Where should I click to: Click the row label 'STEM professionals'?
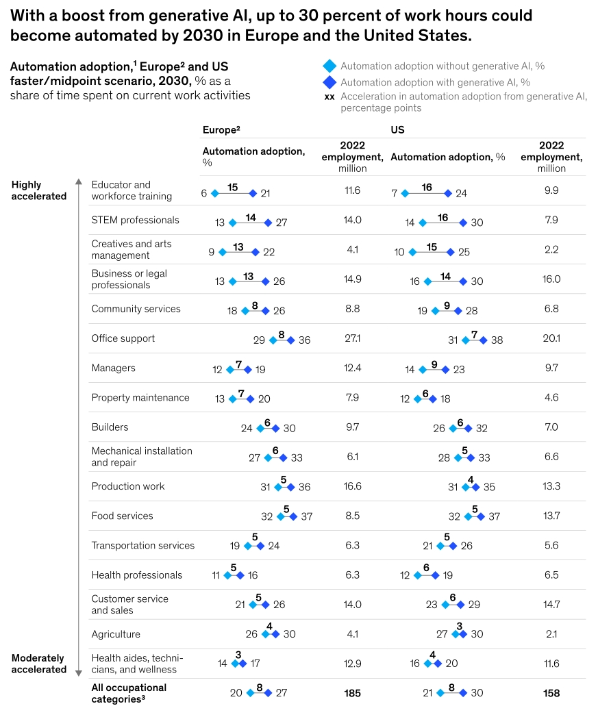(x=135, y=221)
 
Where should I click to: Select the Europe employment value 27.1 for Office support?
(x=353, y=338)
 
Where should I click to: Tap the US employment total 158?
(x=551, y=693)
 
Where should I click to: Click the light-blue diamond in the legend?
(x=329, y=66)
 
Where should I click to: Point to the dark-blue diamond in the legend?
(x=329, y=82)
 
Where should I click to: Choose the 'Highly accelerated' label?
(x=39, y=190)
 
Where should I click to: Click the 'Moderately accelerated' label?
(x=38, y=664)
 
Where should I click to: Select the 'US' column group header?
(x=397, y=129)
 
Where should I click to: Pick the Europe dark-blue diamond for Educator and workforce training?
(x=253, y=193)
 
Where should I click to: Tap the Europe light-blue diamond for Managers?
(x=230, y=369)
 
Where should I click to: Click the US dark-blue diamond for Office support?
(x=483, y=340)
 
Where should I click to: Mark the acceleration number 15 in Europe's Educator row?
(x=233, y=187)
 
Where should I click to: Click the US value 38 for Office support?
(x=497, y=340)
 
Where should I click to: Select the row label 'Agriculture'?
(x=116, y=634)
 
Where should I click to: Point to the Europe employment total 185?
(x=353, y=693)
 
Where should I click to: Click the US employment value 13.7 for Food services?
(x=551, y=516)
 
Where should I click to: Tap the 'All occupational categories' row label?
(x=129, y=693)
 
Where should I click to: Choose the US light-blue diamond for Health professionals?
(x=417, y=576)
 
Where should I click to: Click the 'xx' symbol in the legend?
(x=329, y=97)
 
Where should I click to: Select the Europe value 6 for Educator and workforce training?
(x=204, y=193)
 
